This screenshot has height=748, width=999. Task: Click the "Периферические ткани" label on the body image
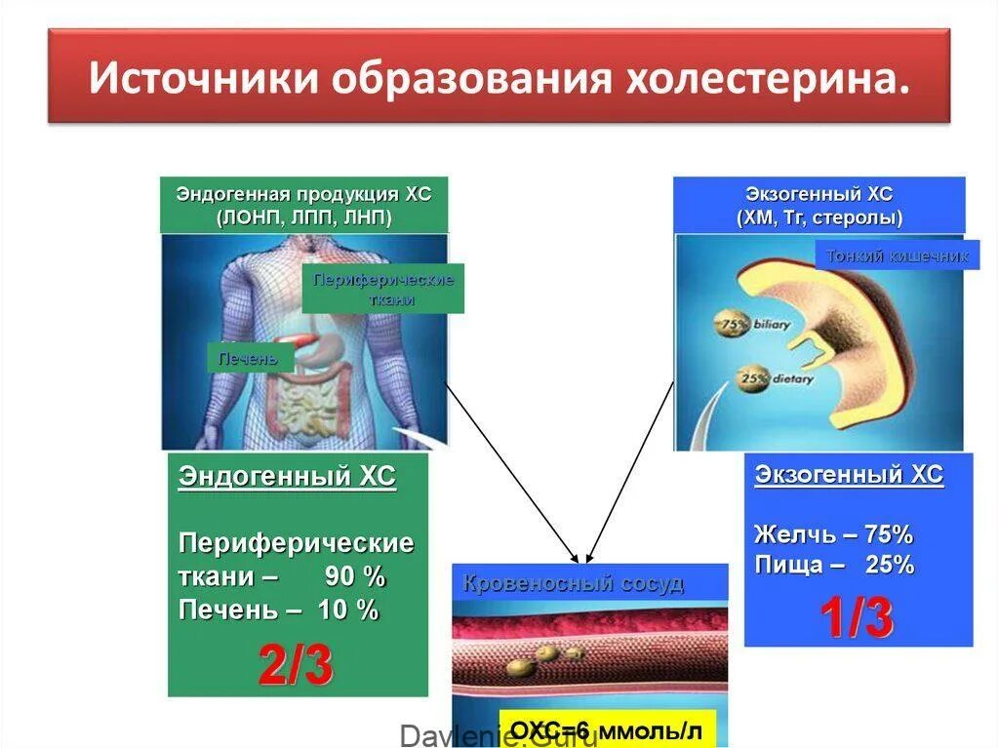coord(383,289)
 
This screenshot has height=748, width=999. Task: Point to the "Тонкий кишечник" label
coord(898,256)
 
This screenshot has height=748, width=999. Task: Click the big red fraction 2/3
coord(296,665)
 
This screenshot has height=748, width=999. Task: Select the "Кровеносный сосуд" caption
coord(573,583)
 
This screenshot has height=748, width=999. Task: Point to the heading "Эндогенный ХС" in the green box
coord(287,477)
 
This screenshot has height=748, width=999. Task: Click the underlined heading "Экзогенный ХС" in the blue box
coord(849,475)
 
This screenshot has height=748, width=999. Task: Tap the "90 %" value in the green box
coord(355,576)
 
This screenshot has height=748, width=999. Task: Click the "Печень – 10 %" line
coord(278,610)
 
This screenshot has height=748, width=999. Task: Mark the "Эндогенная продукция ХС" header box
coord(303,205)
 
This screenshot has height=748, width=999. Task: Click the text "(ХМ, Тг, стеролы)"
coord(819,217)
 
